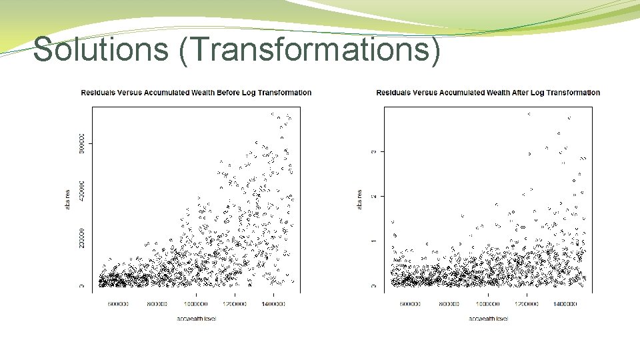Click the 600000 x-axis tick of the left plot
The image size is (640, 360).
click(119, 304)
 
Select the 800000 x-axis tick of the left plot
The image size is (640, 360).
click(158, 304)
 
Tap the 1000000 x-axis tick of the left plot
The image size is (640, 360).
click(196, 304)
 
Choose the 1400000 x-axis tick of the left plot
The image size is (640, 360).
click(273, 304)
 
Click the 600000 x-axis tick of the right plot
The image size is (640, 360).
click(410, 304)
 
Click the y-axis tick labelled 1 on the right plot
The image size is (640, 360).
click(373, 241)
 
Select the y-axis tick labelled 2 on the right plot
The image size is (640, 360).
click(373, 196)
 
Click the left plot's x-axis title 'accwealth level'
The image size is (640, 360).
click(197, 319)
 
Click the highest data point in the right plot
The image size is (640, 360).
click(529, 114)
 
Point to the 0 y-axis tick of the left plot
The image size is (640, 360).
click(81, 286)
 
